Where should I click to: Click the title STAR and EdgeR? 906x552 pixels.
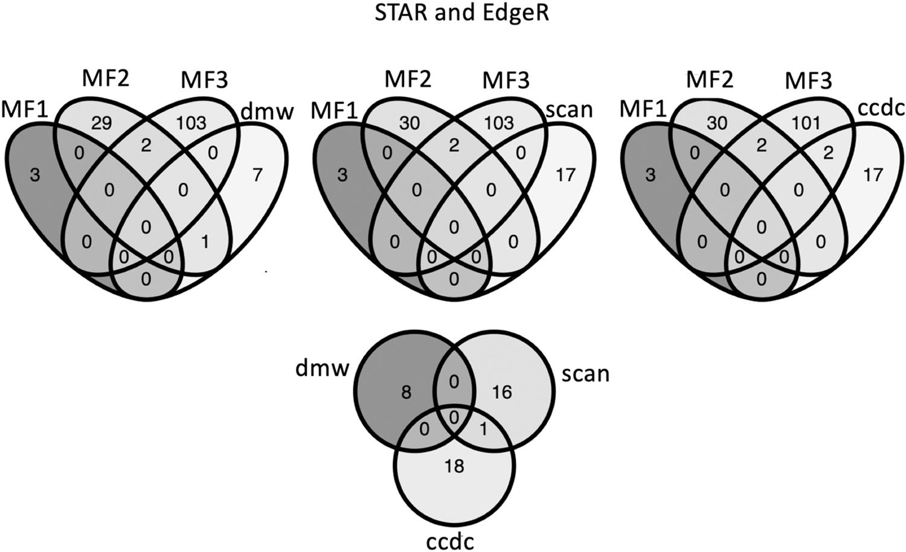tap(461, 13)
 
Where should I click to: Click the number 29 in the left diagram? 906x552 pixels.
tap(102, 123)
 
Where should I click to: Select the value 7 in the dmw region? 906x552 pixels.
tap(257, 175)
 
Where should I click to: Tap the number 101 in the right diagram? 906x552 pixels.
tap(806, 123)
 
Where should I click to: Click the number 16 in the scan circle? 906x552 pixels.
tap(502, 393)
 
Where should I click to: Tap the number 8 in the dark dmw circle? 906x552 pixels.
tap(406, 393)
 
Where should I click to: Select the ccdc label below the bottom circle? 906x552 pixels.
tap(450, 541)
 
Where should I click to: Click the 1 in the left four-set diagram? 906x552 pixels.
tap(204, 242)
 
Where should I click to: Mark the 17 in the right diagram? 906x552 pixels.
tap(873, 175)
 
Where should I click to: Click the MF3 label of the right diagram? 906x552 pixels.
tap(808, 80)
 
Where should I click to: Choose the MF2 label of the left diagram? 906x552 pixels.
tap(105, 79)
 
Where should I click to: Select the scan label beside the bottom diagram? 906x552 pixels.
tap(585, 374)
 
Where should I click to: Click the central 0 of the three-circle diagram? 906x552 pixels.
tap(453, 417)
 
